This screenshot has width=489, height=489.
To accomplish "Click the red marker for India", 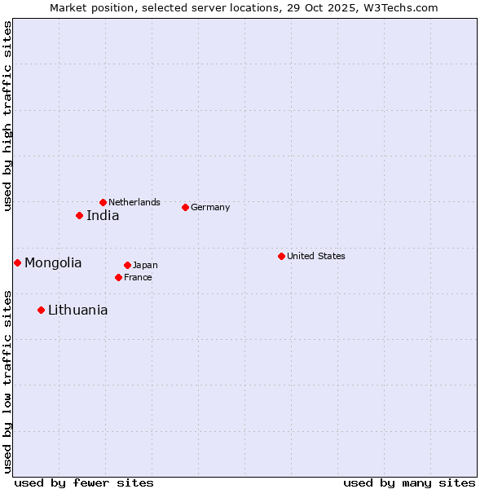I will (79, 215).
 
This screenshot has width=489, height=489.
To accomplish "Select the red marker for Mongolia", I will (17, 262).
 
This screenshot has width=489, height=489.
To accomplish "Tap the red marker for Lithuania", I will (41, 310).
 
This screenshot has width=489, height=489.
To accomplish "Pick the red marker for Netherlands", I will (103, 202).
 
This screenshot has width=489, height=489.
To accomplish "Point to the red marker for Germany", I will (185, 207).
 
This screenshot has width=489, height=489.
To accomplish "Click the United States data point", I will (281, 256).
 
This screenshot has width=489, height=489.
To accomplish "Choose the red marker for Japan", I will (127, 265).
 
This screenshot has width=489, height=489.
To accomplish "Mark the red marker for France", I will (118, 277).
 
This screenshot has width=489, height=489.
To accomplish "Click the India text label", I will (103, 216).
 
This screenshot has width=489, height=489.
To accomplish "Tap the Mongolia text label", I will (53, 263).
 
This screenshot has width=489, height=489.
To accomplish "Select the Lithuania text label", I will (77, 311).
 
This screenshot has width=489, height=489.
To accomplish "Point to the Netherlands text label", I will (134, 202).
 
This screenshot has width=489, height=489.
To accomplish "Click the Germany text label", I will (210, 207).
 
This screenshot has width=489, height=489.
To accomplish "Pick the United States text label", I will (316, 256).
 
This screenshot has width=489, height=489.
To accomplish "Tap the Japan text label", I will (145, 265).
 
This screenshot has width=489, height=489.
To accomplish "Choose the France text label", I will (138, 277).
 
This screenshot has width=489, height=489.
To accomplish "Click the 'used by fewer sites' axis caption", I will (84, 482).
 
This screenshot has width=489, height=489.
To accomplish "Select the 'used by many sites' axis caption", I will (409, 482).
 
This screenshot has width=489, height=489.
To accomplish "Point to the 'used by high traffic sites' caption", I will (7, 117).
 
